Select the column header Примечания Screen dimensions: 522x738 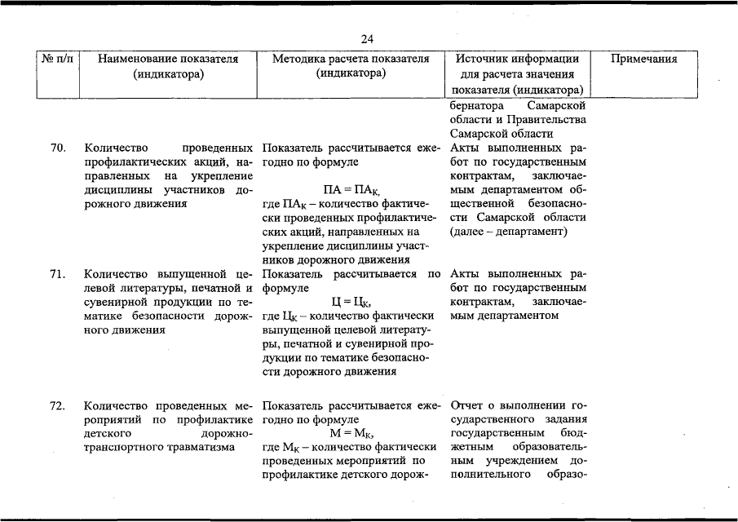(x=644, y=60)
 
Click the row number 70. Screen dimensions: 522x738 (x=57, y=149)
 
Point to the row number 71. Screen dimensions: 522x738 (x=57, y=274)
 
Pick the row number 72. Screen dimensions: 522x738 (x=57, y=405)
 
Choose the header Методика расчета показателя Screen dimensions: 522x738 (x=351, y=60)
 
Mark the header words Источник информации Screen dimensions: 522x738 (x=518, y=60)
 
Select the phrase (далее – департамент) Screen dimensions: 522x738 (x=507, y=232)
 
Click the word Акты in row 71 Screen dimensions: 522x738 (x=465, y=274)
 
